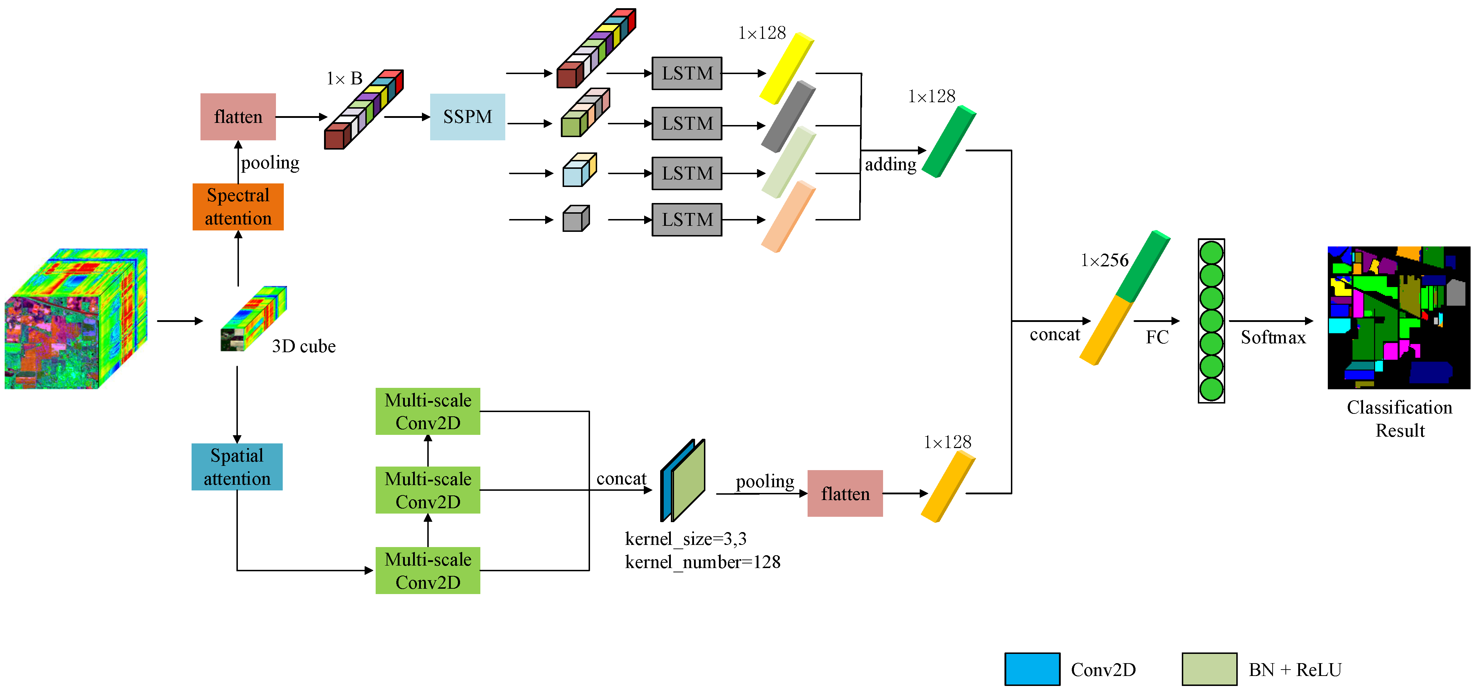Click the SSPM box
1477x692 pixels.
[x=467, y=117]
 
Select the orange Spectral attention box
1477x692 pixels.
[x=238, y=207]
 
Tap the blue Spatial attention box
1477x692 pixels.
[x=237, y=467]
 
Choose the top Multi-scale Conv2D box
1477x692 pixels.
[x=428, y=411]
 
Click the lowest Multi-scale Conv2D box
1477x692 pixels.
[x=428, y=571]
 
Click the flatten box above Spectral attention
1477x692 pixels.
[x=238, y=117]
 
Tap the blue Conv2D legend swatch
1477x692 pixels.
[x=1032, y=669]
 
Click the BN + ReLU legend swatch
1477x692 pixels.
[x=1209, y=669]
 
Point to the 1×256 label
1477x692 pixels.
[x=1104, y=261]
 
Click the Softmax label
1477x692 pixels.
[x=1273, y=337]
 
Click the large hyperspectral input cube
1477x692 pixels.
[x=76, y=319]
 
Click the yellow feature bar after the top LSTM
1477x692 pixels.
[x=787, y=69]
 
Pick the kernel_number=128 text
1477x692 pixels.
[x=703, y=562]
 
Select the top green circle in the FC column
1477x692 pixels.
[x=1211, y=253]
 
